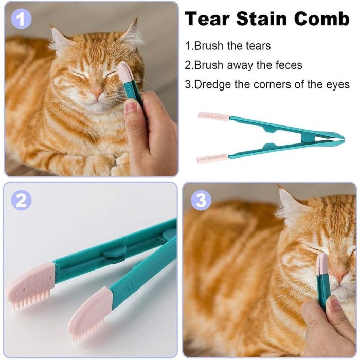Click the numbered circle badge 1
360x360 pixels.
coord(21,19)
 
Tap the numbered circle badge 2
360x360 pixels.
coord(21,200)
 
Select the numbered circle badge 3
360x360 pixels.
coord(201,200)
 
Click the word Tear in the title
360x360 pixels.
coord(207,19)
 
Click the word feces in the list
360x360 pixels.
coord(289,65)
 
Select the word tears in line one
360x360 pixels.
coord(258,45)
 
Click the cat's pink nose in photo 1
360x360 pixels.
coord(97,93)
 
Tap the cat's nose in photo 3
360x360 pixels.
coord(340,276)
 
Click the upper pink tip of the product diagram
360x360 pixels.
coord(214,116)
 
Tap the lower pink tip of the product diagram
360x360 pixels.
coord(212,158)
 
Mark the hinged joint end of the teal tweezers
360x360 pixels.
coord(340,138)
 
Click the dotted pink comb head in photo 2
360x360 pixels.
coord(31,285)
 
